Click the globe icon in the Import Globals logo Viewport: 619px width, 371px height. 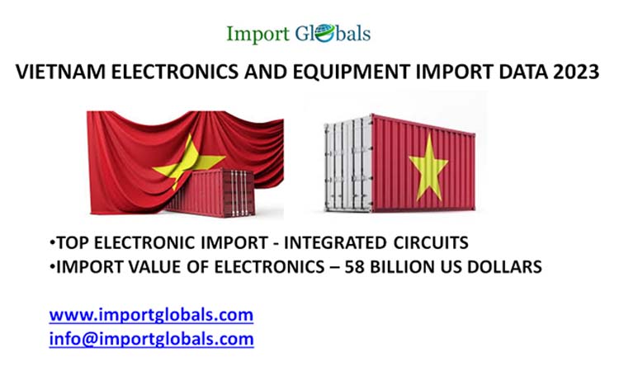[323, 34]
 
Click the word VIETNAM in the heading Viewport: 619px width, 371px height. [56, 73]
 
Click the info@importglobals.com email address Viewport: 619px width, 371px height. [151, 338]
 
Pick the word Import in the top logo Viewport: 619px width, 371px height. [258, 34]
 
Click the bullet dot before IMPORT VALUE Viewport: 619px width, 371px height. [51, 268]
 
